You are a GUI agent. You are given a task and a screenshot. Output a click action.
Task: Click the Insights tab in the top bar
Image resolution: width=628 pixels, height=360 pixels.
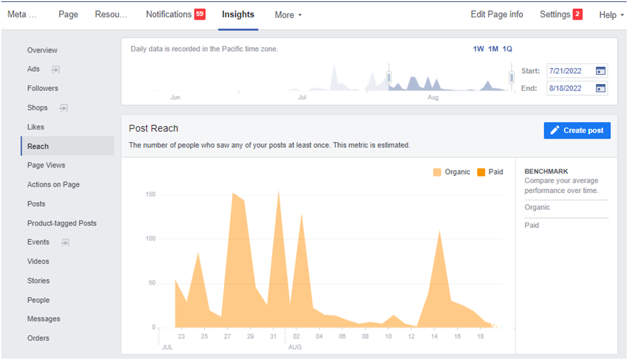[238, 14]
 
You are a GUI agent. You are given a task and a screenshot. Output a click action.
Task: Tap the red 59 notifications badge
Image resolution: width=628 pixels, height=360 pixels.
[200, 14]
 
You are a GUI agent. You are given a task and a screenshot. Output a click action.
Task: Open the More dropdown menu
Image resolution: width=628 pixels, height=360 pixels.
[288, 15]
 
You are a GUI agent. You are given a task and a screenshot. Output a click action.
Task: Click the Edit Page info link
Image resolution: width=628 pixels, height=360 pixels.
[496, 14]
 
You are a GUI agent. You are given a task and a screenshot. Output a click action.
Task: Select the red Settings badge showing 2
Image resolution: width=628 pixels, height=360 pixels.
[577, 14]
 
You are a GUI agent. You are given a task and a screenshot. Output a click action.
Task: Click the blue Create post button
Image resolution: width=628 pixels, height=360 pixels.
[577, 130]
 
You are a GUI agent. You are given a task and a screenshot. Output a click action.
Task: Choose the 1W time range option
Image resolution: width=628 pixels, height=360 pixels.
[479, 49]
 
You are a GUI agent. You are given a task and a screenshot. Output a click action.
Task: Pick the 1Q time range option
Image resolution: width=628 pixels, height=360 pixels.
[507, 49]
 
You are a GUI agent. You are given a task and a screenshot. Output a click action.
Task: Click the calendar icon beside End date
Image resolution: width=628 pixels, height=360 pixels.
[600, 88]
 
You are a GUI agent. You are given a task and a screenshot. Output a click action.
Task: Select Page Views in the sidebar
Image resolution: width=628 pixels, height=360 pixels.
[46, 165]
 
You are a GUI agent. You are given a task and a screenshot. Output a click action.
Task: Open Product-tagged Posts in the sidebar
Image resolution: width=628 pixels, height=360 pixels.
[62, 223]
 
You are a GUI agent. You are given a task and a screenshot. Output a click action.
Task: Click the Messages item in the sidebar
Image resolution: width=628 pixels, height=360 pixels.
[44, 319]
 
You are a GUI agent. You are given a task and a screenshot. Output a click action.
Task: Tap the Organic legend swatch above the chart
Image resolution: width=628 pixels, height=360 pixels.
[437, 172]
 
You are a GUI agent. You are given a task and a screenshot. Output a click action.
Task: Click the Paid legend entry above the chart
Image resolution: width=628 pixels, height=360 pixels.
[490, 172]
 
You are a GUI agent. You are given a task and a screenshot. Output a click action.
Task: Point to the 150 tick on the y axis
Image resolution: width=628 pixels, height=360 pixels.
[151, 194]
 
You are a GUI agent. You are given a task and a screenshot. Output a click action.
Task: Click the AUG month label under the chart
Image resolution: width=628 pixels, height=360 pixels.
[295, 347]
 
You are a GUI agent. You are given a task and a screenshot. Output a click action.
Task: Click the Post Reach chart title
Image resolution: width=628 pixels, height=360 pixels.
[153, 128]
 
